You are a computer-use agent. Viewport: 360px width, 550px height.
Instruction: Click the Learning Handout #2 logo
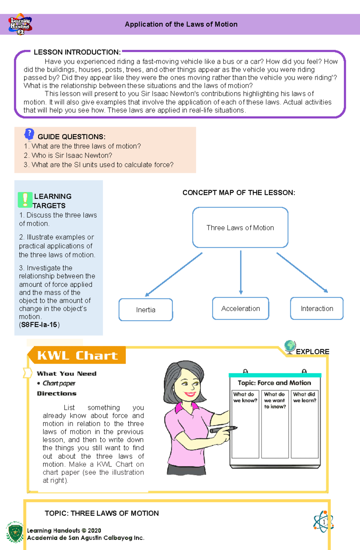point(20,24)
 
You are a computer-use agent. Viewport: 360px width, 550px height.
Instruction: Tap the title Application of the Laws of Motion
point(181,24)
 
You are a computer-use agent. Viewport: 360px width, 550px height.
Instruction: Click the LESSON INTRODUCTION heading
point(77,52)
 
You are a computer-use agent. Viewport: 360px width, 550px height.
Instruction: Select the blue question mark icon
point(29,134)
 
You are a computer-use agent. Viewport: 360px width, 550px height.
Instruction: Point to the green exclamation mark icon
point(25,200)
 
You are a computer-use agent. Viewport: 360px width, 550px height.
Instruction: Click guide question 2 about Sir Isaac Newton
point(68,155)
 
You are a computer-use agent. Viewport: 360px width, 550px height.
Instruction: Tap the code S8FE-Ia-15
point(39,325)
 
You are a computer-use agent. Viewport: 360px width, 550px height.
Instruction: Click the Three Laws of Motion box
point(240,227)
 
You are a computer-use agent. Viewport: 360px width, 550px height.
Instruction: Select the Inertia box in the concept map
point(146,310)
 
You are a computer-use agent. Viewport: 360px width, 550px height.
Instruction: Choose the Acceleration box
point(241,308)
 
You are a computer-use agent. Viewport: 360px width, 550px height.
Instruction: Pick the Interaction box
point(317,308)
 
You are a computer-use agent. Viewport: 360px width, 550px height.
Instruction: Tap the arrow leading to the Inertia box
point(173,275)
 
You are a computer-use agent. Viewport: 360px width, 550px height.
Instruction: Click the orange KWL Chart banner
point(77,355)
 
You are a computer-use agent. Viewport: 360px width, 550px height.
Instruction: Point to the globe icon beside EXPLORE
point(290,346)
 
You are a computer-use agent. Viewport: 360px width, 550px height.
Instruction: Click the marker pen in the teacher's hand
point(223,430)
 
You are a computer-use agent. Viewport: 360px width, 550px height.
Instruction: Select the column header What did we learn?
point(304,397)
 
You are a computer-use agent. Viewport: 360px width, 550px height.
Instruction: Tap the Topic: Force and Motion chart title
point(274,383)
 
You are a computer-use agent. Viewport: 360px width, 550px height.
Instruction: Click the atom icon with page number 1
point(323,522)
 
